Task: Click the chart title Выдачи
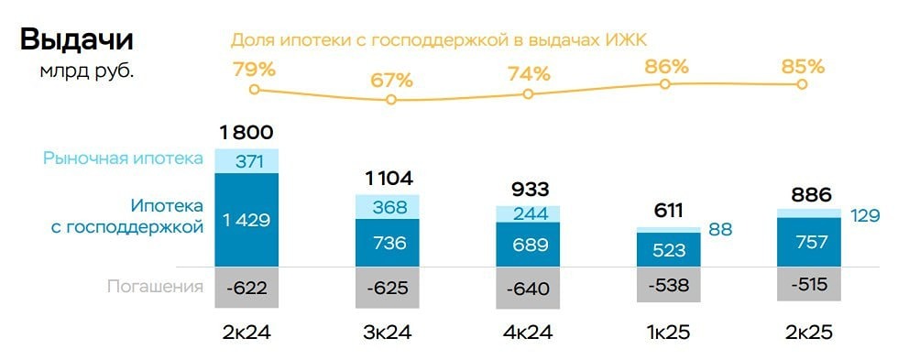point(76,39)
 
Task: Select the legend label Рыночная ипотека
point(123,158)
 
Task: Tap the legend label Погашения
point(155,287)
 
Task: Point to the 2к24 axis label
point(246,333)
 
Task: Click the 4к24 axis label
point(528,333)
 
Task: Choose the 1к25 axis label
point(667,333)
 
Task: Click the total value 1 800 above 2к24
point(246,133)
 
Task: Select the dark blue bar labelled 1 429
point(246,220)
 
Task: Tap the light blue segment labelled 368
point(388,208)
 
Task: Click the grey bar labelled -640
point(528,289)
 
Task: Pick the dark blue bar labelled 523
point(667,249)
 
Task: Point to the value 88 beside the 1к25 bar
point(720,229)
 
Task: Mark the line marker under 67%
point(391,99)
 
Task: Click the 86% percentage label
point(666,66)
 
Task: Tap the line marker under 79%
point(254,89)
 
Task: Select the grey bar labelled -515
point(806,284)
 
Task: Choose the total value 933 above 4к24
point(529,190)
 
